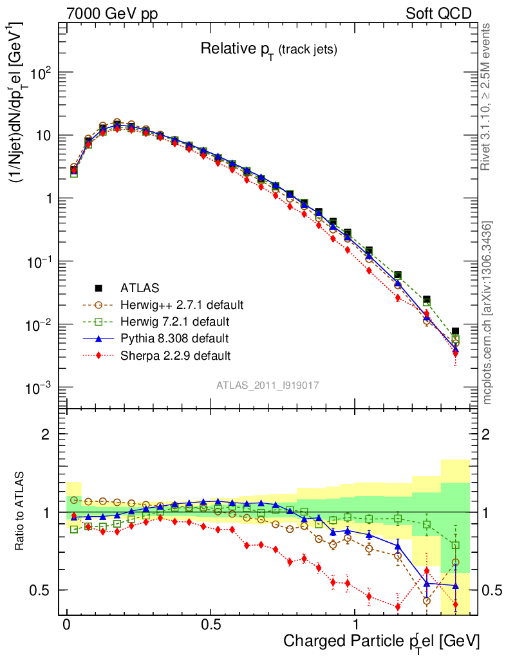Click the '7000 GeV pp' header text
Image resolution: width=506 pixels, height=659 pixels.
(x=112, y=14)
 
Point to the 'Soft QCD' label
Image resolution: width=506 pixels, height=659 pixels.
(x=438, y=14)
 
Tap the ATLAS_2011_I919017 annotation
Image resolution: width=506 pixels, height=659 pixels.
(x=268, y=385)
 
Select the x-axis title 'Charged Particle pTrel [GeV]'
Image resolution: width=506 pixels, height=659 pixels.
(x=381, y=641)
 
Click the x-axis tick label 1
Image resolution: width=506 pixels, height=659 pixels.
(x=356, y=624)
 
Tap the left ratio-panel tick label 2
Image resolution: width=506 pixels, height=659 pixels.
(x=46, y=434)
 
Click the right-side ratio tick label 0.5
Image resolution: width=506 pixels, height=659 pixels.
(x=492, y=590)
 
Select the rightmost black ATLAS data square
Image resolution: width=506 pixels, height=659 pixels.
(x=455, y=331)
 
